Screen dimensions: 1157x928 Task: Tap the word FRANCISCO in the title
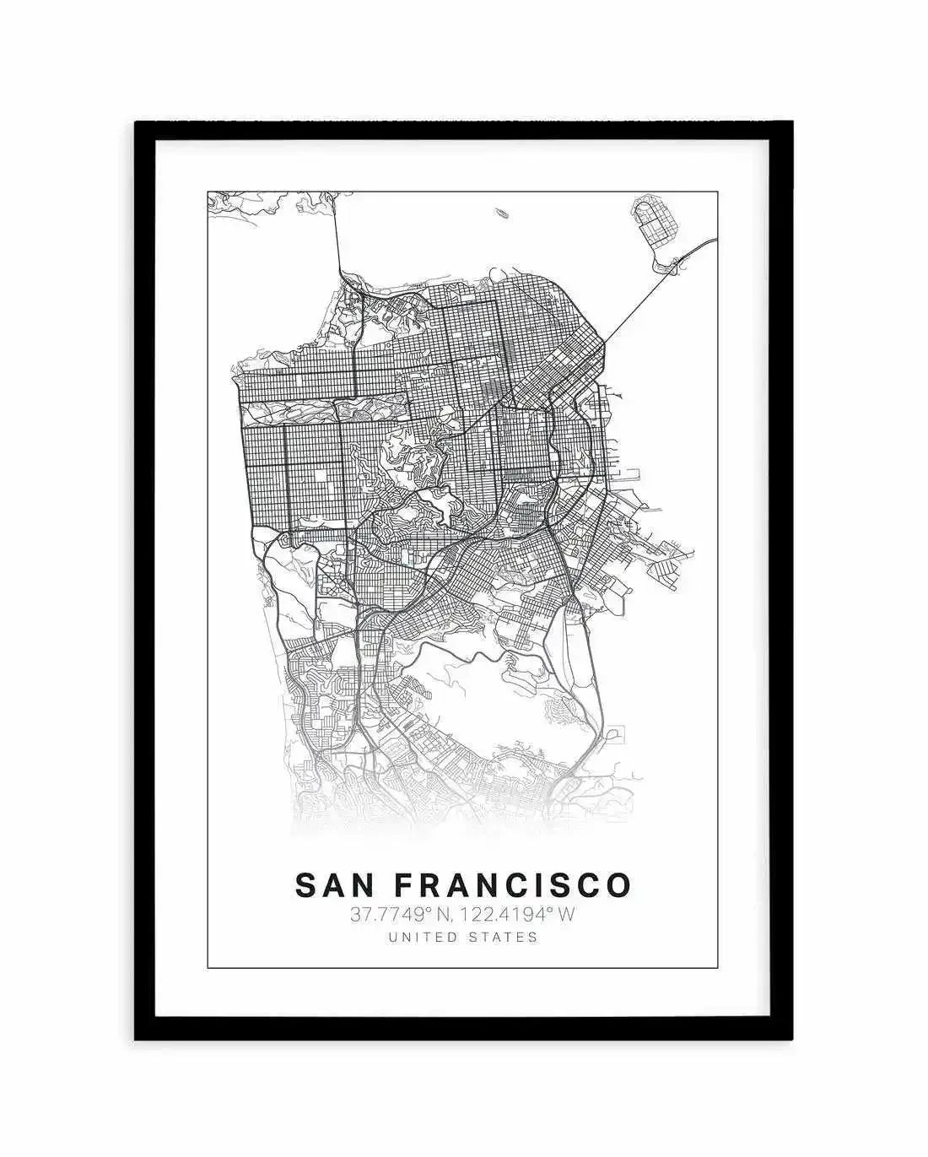tap(514, 884)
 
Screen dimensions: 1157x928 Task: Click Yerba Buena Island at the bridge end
tap(666, 267)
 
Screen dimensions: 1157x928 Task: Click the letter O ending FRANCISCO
tap(618, 884)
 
